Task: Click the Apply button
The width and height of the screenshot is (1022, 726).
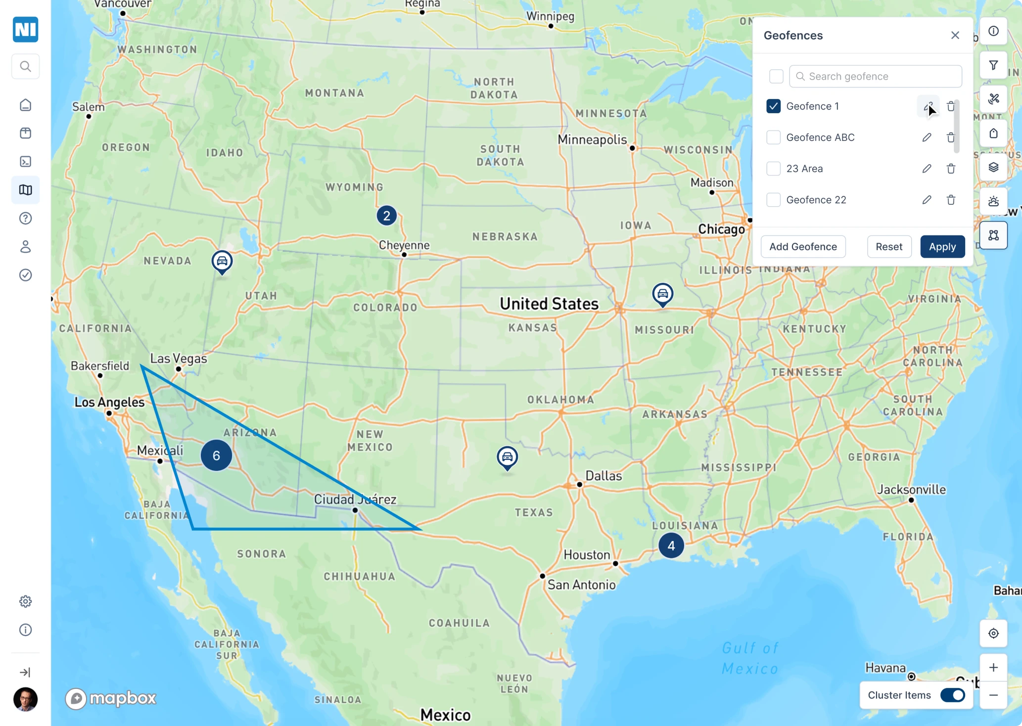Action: pos(942,247)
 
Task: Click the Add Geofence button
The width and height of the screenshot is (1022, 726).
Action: pos(803,247)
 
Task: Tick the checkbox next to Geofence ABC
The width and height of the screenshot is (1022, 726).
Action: pos(773,137)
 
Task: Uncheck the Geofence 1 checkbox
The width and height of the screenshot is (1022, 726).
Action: pos(773,106)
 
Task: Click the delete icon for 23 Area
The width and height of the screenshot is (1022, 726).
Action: pos(951,169)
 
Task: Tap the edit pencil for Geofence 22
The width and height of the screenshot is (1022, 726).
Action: pos(927,200)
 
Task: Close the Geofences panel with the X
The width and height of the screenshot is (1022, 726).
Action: pos(955,36)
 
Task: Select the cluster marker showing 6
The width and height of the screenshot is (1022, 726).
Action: pos(216,455)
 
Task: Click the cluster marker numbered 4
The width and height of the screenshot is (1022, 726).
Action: pos(671,545)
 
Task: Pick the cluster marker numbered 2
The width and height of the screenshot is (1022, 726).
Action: pos(386,216)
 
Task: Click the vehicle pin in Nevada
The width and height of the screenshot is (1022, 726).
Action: pos(222,261)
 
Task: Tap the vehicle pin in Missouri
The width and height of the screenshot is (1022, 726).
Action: pos(662,294)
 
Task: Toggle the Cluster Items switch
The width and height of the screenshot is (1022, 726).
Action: pos(952,695)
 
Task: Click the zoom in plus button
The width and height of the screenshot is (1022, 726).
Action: pos(993,668)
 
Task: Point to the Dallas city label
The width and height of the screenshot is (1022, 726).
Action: pos(603,476)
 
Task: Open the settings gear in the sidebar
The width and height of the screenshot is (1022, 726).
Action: pos(26,601)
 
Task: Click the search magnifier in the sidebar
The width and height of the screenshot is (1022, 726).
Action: pos(26,66)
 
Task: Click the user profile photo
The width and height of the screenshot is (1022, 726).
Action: pos(26,699)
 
